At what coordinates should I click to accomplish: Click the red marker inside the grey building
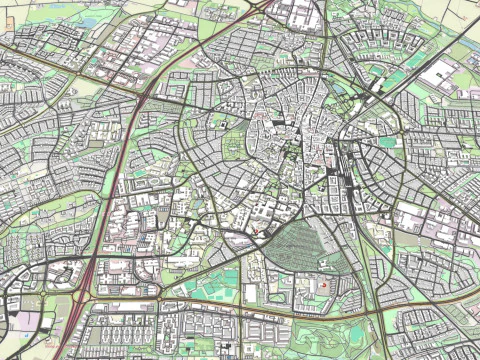click(x=323, y=285)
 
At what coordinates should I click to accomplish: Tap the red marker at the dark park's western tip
click(x=257, y=233)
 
